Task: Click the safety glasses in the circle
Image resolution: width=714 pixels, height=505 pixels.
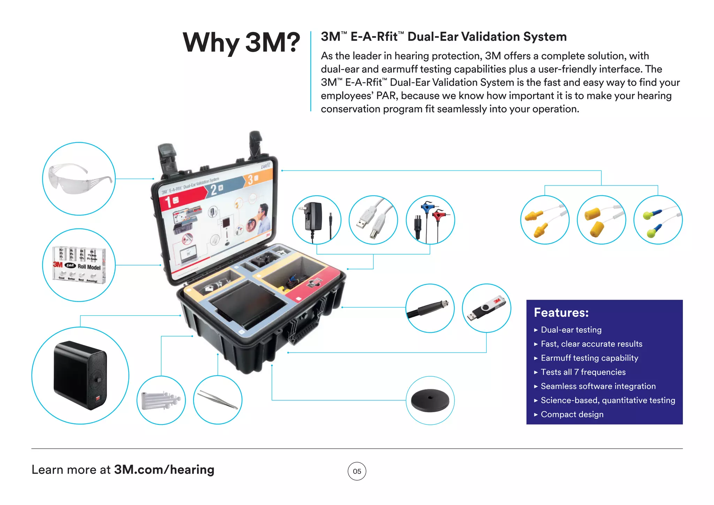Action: pyautogui.click(x=79, y=179)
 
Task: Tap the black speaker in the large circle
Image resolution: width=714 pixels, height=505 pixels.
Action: pyautogui.click(x=80, y=375)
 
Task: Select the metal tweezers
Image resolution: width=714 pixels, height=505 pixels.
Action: pyautogui.click(x=218, y=400)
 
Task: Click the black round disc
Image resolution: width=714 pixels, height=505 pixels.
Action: pyautogui.click(x=430, y=400)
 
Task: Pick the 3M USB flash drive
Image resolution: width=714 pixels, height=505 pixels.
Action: pyautogui.click(x=486, y=308)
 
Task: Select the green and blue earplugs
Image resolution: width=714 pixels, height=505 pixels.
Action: pyautogui.click(x=658, y=220)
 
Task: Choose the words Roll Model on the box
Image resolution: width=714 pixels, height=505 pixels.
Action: pyautogui.click(x=89, y=267)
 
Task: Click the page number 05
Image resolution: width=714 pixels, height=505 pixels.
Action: pyautogui.click(x=357, y=471)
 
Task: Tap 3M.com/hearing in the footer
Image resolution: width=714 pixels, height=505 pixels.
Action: pyautogui.click(x=164, y=470)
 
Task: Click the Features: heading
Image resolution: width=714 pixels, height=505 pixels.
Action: pyautogui.click(x=561, y=312)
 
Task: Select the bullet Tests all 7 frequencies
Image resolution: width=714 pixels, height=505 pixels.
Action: pyautogui.click(x=583, y=372)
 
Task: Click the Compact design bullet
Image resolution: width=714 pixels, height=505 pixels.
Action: pyautogui.click(x=572, y=414)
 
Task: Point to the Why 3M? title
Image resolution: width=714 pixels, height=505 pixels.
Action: pyautogui.click(x=241, y=43)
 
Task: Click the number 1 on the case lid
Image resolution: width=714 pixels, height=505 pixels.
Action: pyautogui.click(x=168, y=202)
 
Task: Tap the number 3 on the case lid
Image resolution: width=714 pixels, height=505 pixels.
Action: pyautogui.click(x=250, y=180)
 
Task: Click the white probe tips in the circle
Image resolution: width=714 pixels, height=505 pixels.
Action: pyautogui.click(x=161, y=400)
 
